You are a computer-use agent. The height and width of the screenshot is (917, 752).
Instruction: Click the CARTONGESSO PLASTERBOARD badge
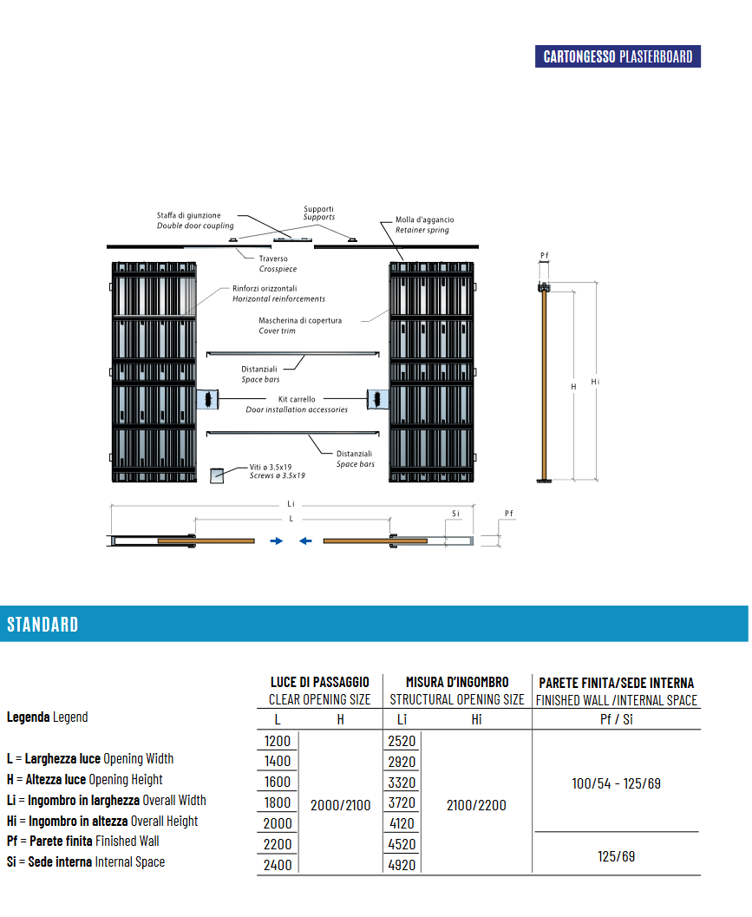point(618,56)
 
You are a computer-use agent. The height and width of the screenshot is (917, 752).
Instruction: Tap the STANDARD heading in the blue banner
point(43,625)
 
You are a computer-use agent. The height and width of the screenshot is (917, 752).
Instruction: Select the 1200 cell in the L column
point(278,741)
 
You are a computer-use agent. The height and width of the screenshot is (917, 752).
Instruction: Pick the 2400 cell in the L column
point(278,865)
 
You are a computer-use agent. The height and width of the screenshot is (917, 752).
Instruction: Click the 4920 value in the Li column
point(402,865)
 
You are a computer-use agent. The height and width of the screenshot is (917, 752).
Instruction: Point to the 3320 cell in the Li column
point(402,783)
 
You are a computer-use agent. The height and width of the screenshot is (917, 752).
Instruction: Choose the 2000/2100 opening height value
point(340,805)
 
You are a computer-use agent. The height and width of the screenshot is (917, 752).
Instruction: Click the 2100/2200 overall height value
point(476,805)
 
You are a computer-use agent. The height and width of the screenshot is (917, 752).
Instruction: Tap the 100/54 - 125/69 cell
point(617,783)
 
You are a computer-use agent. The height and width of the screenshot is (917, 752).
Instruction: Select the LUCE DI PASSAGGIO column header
point(320,682)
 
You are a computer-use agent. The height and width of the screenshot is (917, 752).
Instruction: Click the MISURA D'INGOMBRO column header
point(457,682)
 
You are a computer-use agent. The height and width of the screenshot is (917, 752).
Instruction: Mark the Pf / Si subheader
point(617,719)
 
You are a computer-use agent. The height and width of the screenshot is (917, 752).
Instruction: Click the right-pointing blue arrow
point(277,541)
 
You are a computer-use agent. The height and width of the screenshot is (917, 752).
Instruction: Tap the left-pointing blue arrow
point(305,541)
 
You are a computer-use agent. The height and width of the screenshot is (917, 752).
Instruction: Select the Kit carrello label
point(297,399)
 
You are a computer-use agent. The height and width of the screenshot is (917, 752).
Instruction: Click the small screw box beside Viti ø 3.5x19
point(217,475)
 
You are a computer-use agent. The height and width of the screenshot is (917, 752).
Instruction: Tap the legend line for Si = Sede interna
point(86,862)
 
